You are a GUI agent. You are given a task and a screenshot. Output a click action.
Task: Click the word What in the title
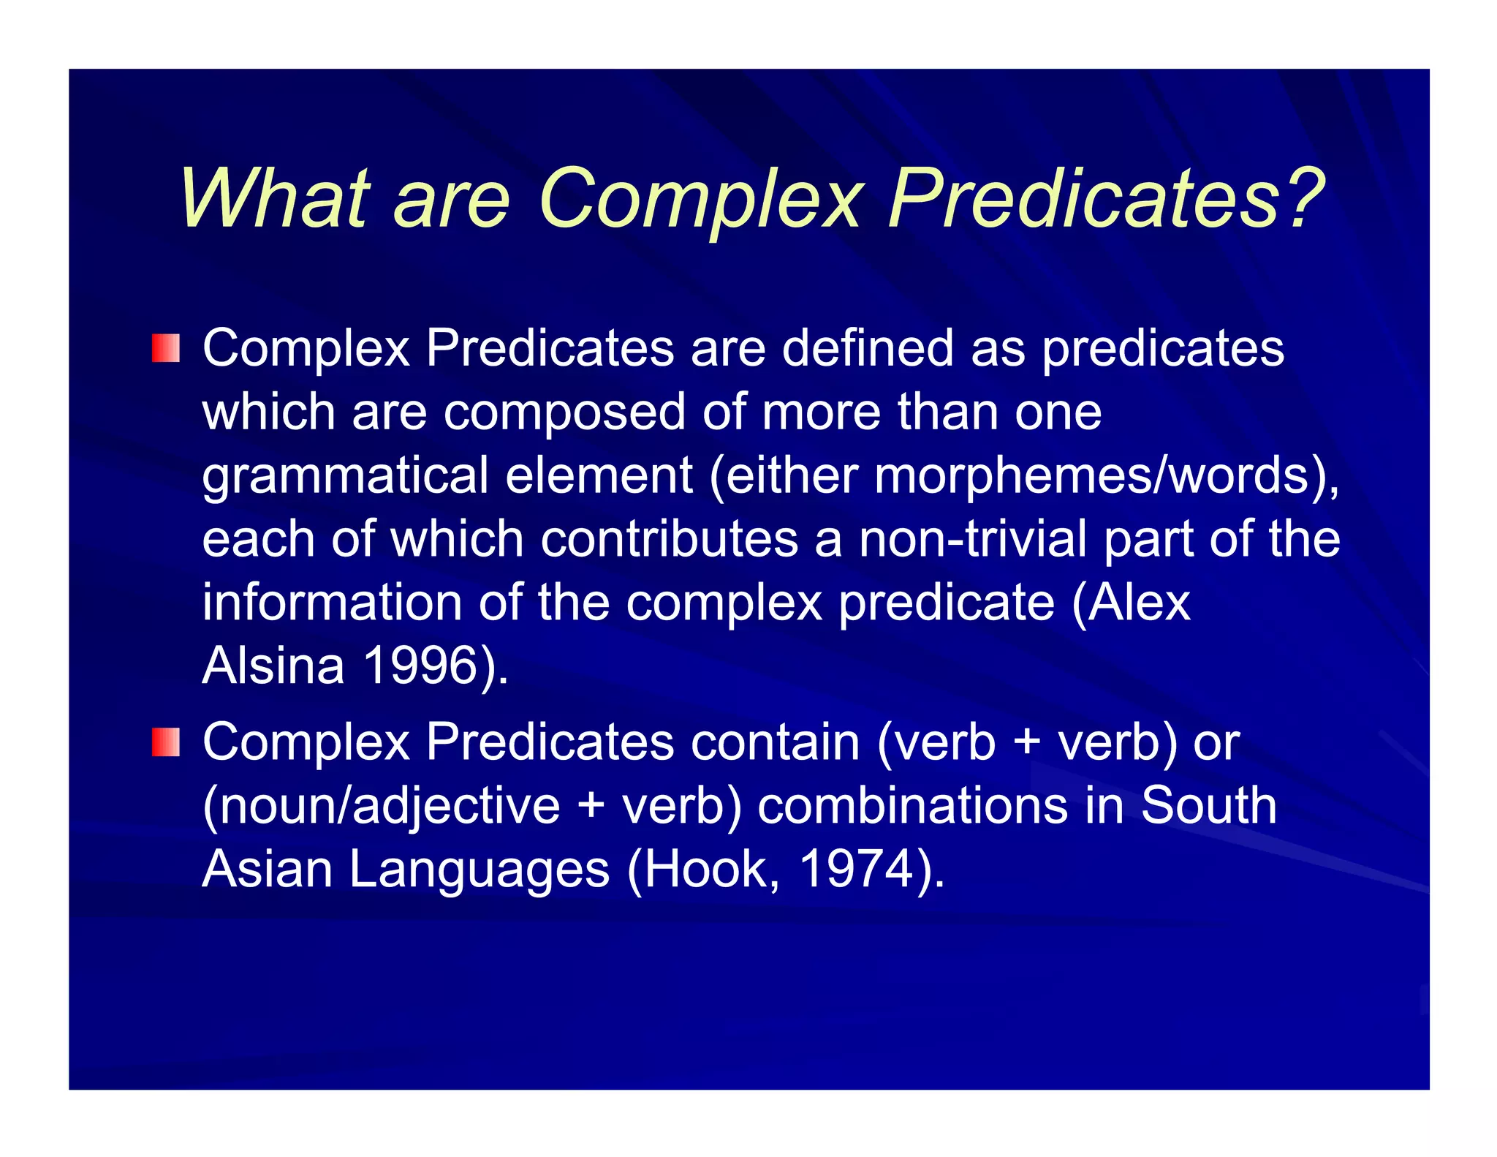coord(275,199)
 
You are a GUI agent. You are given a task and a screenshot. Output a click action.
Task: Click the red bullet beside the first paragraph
coord(166,348)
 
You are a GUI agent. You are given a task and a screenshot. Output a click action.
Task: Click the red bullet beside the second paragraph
coord(166,742)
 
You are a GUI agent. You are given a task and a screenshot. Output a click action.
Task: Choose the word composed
coord(564,412)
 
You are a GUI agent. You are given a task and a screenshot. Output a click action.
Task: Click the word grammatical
coord(345,476)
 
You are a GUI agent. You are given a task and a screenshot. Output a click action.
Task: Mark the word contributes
coord(669,540)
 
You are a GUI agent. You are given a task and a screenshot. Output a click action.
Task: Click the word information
coord(332,603)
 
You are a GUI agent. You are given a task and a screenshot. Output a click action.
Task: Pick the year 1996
coord(420,666)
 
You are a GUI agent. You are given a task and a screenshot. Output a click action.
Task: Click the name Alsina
coord(273,666)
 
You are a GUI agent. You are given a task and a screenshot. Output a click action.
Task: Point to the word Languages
coord(479,870)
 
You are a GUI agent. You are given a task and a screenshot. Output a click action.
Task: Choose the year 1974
coord(856,870)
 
